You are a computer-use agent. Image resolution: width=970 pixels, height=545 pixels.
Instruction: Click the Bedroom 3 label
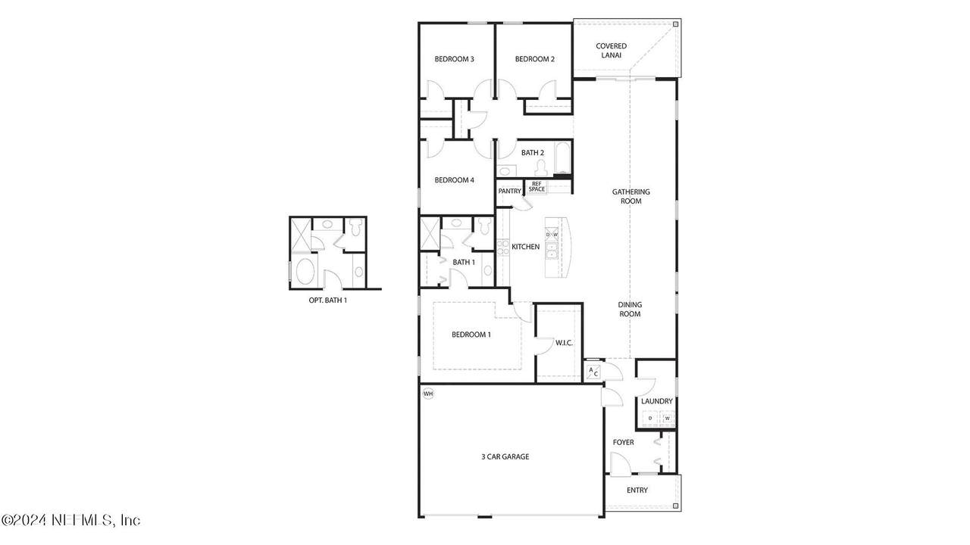(x=454, y=59)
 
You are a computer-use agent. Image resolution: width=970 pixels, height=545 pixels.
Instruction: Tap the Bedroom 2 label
(x=535, y=59)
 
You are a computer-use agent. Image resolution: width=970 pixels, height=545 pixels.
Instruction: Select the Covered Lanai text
(x=611, y=51)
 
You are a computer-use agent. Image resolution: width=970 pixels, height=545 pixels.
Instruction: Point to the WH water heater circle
(x=428, y=394)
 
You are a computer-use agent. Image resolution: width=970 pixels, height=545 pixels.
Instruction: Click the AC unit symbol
(x=593, y=372)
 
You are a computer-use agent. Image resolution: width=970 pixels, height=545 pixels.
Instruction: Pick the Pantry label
(x=510, y=192)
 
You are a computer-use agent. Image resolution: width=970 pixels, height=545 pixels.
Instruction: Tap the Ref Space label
(x=537, y=186)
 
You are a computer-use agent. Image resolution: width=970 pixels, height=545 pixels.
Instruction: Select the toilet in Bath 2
(x=540, y=167)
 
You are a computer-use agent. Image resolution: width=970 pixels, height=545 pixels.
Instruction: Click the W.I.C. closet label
(x=564, y=343)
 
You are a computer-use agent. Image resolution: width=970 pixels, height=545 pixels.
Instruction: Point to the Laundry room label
(x=657, y=401)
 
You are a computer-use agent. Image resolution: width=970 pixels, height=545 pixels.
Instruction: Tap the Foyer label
(x=623, y=443)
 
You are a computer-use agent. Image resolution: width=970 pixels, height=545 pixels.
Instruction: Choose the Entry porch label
(x=637, y=490)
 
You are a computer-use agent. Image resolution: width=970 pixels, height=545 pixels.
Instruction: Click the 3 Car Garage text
(x=505, y=456)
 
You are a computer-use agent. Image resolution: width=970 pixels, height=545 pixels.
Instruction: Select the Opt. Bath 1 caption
(x=327, y=301)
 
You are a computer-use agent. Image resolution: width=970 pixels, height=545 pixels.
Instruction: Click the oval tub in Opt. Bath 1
(x=305, y=271)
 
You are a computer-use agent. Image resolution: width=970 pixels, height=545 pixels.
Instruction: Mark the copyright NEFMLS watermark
(x=70, y=519)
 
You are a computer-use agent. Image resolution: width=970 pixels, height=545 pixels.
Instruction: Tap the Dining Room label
(x=630, y=310)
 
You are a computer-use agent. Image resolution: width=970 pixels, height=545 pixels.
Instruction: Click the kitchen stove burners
(x=502, y=247)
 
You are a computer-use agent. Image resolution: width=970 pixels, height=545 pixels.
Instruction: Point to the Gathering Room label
(x=631, y=196)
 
